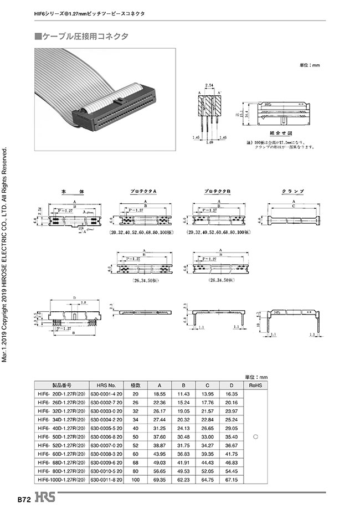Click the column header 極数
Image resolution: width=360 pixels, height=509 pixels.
pyautogui.click(x=135, y=385)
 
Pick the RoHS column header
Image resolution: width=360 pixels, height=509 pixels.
pyautogui.click(x=255, y=385)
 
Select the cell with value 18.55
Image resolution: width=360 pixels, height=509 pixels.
pyautogui.click(x=160, y=393)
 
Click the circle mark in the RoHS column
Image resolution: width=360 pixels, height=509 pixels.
pyautogui.click(x=255, y=437)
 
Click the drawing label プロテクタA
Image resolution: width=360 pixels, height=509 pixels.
pyautogui.click(x=144, y=191)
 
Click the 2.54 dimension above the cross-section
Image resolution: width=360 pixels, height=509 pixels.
pyautogui.click(x=209, y=86)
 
